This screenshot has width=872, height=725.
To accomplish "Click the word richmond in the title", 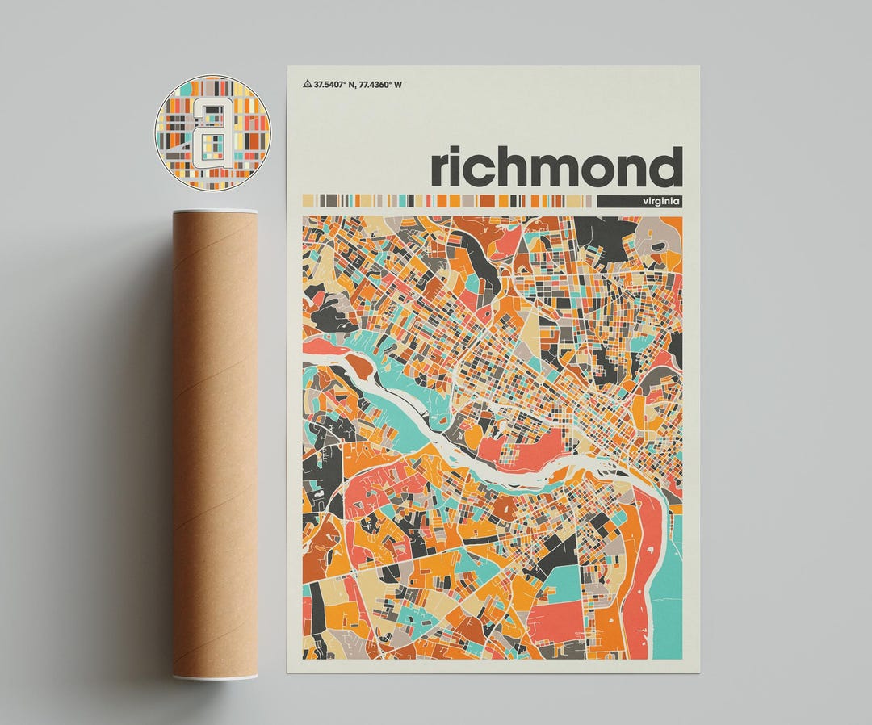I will pos(556,167).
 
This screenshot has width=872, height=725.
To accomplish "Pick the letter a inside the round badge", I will pos(212,133).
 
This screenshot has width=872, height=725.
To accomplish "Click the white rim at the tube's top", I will pos(215,212).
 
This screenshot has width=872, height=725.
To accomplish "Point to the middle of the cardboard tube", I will pos(215,444).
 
